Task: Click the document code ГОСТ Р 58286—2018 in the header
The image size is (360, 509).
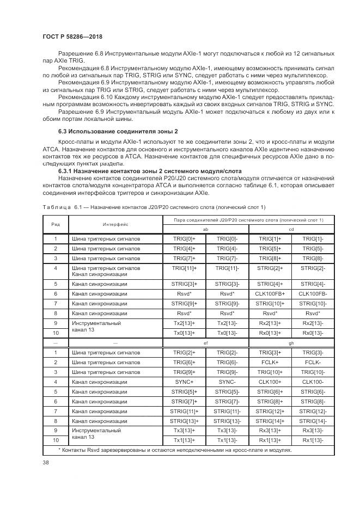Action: (72, 36)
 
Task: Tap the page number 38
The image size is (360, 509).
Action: (46, 462)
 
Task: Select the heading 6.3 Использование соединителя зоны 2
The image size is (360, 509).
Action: (118, 132)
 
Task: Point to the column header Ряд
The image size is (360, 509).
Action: (56, 224)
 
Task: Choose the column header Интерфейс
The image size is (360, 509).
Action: (115, 224)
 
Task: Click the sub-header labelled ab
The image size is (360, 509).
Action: (206, 229)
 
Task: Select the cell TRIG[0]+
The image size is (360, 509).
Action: (184, 238)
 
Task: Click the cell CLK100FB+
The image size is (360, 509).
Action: (270, 293)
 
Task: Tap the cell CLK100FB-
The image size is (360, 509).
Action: (313, 293)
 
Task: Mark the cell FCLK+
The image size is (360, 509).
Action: (270, 362)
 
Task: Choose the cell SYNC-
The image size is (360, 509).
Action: (227, 382)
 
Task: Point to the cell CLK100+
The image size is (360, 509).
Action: (270, 382)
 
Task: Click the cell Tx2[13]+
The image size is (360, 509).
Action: (184, 323)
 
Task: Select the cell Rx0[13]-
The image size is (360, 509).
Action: (313, 333)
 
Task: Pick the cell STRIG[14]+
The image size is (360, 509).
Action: (270, 421)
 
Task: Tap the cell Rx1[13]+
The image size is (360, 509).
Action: (270, 440)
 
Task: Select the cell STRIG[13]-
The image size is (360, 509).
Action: (227, 421)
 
